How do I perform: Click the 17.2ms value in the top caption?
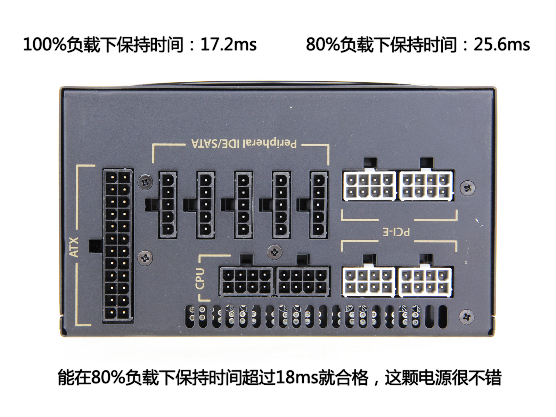(228, 45)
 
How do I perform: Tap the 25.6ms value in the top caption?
(502, 45)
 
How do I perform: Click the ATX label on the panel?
(74, 247)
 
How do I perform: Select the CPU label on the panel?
(200, 279)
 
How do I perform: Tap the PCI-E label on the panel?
(395, 232)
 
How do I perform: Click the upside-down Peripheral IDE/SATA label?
(244, 144)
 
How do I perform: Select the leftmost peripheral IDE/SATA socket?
(168, 205)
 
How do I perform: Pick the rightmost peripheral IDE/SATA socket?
(319, 205)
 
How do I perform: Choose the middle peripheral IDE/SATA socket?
(244, 205)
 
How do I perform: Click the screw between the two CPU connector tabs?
(275, 252)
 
